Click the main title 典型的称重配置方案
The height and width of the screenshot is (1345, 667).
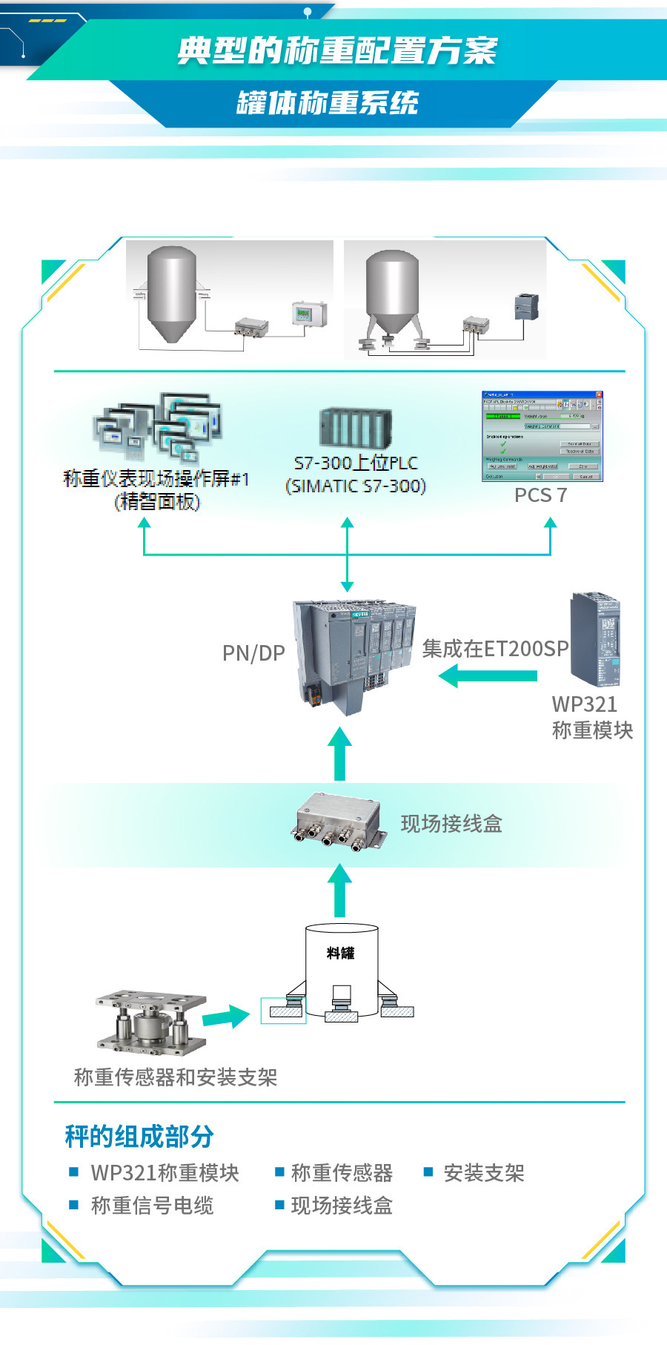336,50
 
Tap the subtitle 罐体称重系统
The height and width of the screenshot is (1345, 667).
328,102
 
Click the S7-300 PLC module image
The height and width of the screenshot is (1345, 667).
356,428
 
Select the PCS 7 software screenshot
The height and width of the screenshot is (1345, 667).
542,436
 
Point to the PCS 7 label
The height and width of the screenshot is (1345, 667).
540,495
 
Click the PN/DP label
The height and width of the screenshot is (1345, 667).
253,653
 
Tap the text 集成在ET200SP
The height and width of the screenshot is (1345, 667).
495,649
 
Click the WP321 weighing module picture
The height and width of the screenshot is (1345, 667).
594,639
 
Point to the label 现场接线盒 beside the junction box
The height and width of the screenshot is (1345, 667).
451,824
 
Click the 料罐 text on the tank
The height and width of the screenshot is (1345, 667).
341,953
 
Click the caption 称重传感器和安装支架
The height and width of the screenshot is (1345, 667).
176,1077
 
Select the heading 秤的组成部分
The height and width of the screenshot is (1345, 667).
139,1136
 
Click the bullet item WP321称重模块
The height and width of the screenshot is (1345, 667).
165,1173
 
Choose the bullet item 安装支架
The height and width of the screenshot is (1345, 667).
483,1173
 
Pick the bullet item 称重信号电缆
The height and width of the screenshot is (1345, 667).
152,1206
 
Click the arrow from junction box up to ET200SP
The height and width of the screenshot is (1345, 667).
339,753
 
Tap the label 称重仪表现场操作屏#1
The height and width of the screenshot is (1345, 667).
156,479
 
